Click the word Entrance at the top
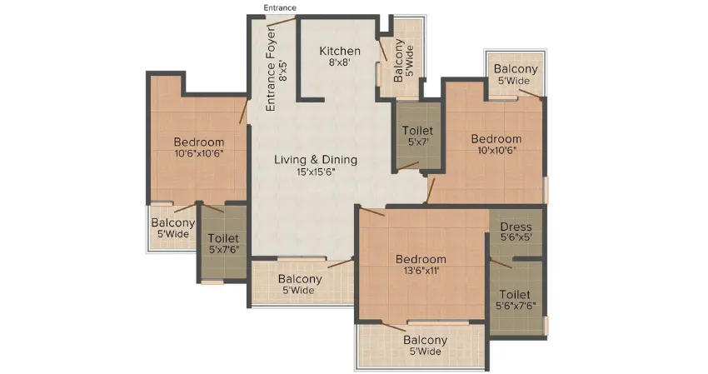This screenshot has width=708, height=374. pyautogui.click(x=280, y=7)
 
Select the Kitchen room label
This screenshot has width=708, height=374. pyautogui.click(x=340, y=52)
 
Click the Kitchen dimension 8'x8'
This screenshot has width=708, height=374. pyautogui.click(x=340, y=63)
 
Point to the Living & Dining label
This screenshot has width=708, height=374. pyautogui.click(x=316, y=160)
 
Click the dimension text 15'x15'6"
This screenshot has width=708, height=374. pyautogui.click(x=316, y=172)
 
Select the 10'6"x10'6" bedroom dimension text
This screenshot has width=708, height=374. pyautogui.click(x=199, y=153)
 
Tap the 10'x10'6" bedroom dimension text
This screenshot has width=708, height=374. pyautogui.click(x=496, y=151)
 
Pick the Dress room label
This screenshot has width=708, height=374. pyautogui.click(x=516, y=227)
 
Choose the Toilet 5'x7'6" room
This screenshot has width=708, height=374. pyautogui.click(x=223, y=244)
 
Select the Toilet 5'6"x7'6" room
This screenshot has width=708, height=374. pyautogui.click(x=516, y=300)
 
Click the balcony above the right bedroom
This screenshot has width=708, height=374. pyautogui.click(x=516, y=74)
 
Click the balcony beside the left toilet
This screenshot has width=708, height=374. pyautogui.click(x=172, y=228)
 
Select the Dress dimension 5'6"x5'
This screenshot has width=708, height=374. pyautogui.click(x=516, y=238)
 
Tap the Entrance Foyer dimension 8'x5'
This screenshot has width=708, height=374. pyautogui.click(x=283, y=70)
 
